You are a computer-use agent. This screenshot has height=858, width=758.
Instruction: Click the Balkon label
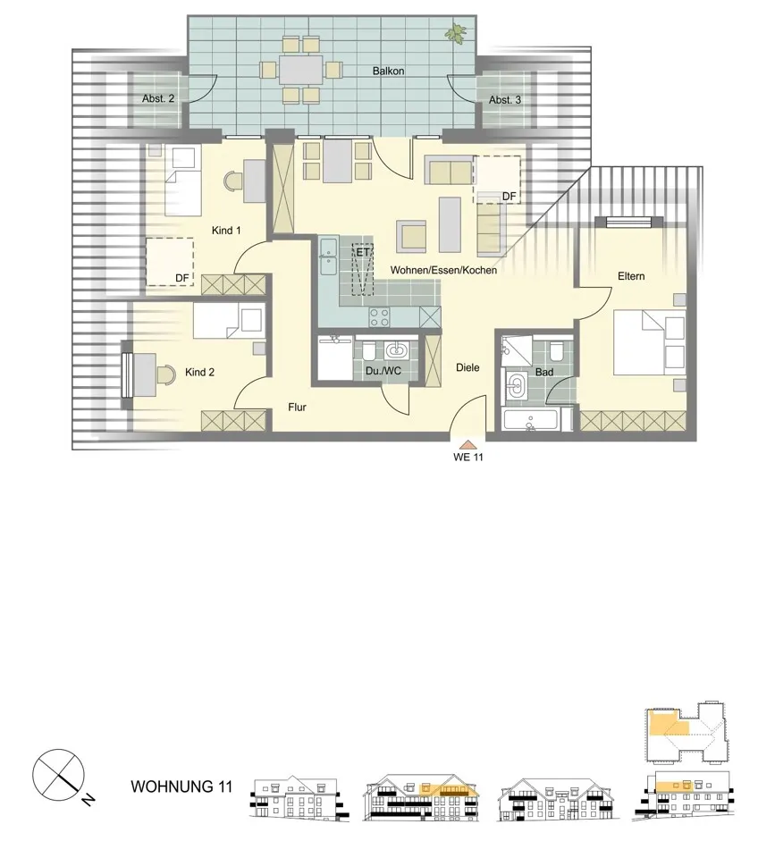tap(388, 71)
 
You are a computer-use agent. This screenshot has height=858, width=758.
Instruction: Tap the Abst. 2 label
tap(158, 98)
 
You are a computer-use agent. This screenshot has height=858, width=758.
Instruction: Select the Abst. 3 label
tap(505, 99)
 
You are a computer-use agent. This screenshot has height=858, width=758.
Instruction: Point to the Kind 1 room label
tap(226, 231)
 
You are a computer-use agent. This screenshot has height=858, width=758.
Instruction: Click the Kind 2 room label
tap(199, 372)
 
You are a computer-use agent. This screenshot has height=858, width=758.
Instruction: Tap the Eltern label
tap(631, 276)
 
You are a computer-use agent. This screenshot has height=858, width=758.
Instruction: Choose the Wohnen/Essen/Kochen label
tap(443, 270)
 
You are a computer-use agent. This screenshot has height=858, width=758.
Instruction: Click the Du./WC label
tap(383, 371)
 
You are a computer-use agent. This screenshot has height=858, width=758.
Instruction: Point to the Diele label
tap(467, 367)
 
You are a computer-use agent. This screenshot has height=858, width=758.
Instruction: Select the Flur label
tap(297, 408)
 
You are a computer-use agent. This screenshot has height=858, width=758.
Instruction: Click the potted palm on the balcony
tap(456, 33)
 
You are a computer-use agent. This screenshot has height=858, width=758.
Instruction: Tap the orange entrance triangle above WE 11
tap(467, 444)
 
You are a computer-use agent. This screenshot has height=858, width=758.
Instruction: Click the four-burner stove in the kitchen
tap(379, 316)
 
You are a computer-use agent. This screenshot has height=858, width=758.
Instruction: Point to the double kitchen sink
tap(329, 257)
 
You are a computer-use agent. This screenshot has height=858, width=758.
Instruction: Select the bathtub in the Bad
tap(530, 420)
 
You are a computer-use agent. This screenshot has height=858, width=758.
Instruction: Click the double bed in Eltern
tap(650, 342)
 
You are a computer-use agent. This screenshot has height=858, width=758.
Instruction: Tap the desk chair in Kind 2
tap(165, 374)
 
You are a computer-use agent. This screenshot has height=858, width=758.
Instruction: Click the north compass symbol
tap(59, 776)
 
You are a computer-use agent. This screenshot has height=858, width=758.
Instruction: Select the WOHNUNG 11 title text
tap(181, 786)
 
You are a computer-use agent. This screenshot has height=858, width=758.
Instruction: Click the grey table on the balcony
tap(301, 70)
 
